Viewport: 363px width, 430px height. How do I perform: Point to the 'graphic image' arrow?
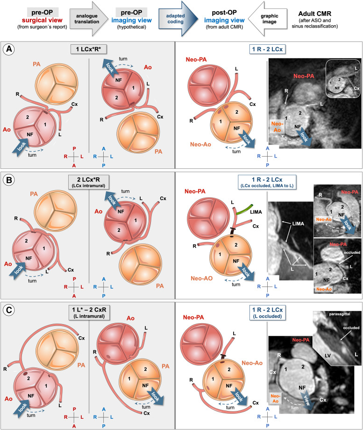click(263, 18)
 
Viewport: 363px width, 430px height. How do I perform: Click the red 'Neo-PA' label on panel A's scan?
click(305, 76)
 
